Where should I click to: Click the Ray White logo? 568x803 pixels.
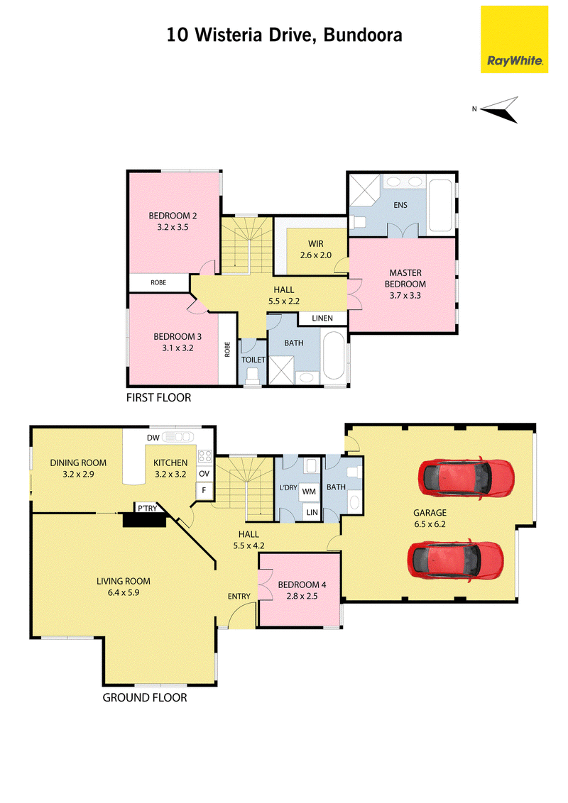click(x=514, y=40)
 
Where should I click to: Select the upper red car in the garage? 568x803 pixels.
click(x=466, y=478)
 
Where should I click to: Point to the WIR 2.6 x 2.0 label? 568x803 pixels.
click(x=316, y=250)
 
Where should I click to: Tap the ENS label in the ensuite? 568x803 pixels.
click(x=400, y=205)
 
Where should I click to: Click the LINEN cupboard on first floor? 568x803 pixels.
click(x=322, y=319)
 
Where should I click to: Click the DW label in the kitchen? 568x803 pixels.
click(x=153, y=438)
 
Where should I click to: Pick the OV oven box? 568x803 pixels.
click(x=204, y=474)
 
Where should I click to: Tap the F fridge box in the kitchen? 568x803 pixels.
click(x=204, y=491)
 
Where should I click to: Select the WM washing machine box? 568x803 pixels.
click(x=309, y=492)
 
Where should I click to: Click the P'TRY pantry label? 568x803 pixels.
click(x=147, y=508)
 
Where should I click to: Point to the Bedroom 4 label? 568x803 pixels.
click(x=302, y=590)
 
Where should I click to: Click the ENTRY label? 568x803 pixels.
click(x=239, y=596)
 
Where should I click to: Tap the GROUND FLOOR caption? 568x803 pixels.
click(x=145, y=697)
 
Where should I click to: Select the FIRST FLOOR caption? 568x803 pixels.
click(x=158, y=397)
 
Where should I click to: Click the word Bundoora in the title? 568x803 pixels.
click(x=363, y=35)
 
